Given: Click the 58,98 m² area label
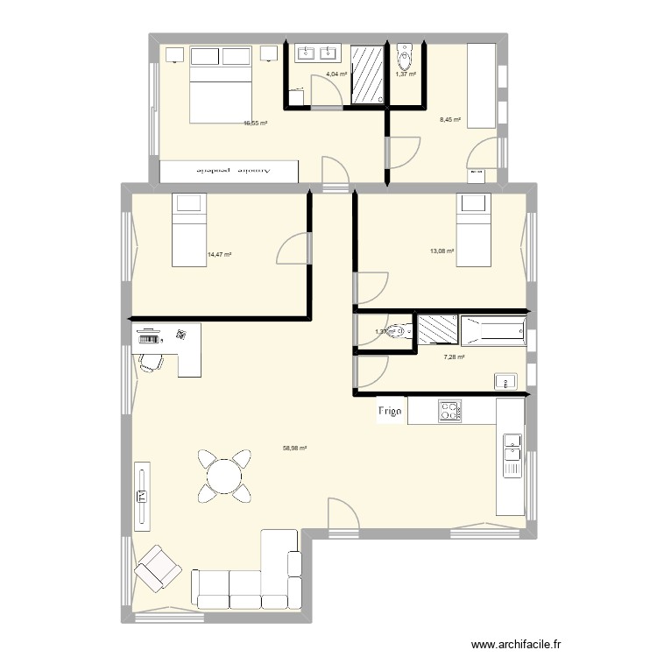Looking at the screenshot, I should [x=293, y=448].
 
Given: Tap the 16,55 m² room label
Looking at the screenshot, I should [x=255, y=124].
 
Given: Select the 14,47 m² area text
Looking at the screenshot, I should [x=219, y=255].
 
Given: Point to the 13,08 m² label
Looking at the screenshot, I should [x=442, y=251].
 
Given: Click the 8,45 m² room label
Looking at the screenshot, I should [x=449, y=120].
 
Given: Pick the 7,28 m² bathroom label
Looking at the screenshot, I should [x=453, y=357].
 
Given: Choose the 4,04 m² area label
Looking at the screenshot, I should [x=336, y=74].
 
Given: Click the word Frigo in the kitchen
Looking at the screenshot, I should [x=390, y=411].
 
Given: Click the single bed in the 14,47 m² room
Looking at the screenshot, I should [x=188, y=230].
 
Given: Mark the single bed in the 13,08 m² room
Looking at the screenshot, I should [x=473, y=230].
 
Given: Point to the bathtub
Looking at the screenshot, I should [x=493, y=330].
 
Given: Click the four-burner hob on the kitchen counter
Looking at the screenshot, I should [x=449, y=411].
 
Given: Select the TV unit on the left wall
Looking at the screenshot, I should [x=141, y=497].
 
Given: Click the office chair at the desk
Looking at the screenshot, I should [x=151, y=361].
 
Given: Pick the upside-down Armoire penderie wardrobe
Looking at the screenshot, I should [x=230, y=172].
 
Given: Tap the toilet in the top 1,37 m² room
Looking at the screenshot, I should [x=404, y=59].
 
